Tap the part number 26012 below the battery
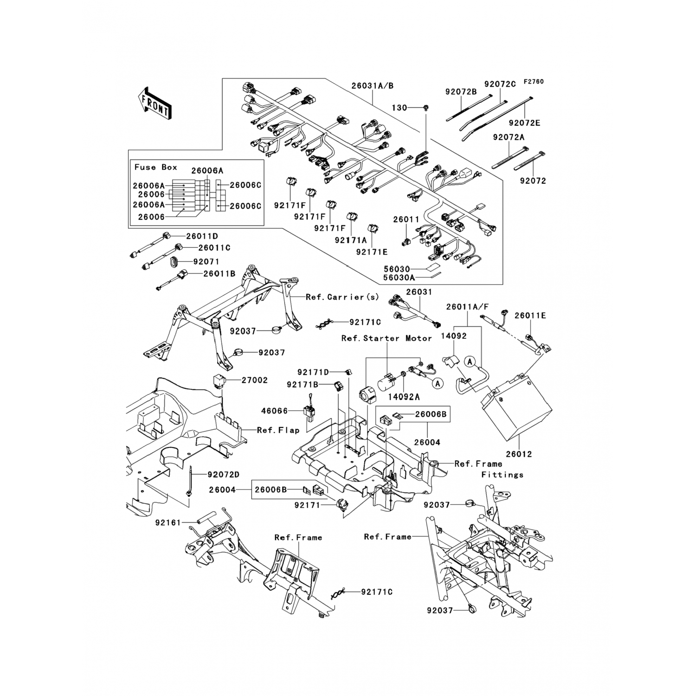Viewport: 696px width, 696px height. point(518,454)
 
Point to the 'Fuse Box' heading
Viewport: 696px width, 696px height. point(156,167)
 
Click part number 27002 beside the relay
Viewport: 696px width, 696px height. point(254,380)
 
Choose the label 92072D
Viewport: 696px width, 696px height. point(224,475)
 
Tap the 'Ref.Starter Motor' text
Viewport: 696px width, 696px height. point(387,338)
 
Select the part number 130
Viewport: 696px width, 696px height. point(399,108)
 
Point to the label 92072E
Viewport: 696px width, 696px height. point(524,123)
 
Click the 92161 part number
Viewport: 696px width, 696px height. point(168,522)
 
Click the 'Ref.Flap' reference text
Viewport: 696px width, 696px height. point(278,430)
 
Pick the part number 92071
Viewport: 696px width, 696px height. point(206,262)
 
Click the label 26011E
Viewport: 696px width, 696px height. point(530,316)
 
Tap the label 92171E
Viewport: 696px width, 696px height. point(372,252)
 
